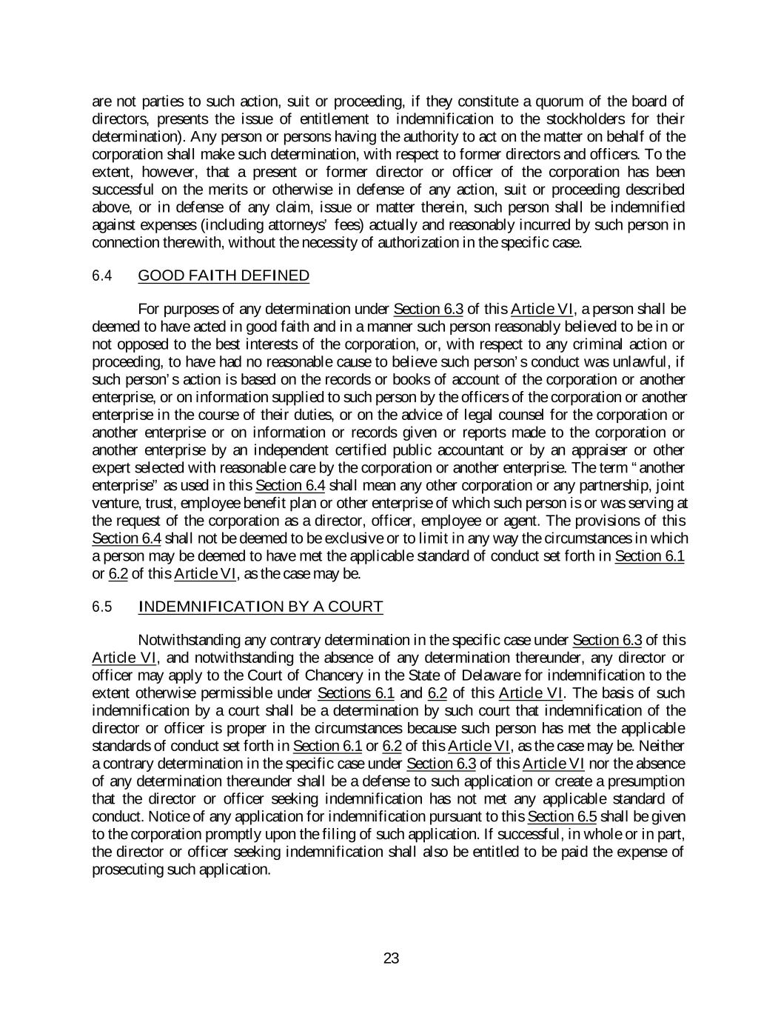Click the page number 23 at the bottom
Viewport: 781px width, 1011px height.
[x=391, y=958]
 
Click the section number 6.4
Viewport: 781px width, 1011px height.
[x=101, y=276]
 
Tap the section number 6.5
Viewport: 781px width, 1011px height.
[x=101, y=607]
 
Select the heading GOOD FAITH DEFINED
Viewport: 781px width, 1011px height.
[x=224, y=276]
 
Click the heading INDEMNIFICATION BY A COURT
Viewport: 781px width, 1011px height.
[x=261, y=607]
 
